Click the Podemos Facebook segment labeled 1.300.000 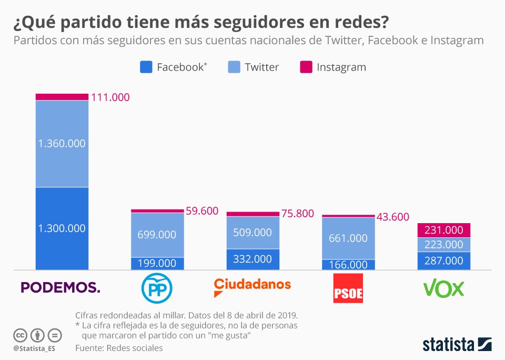tap(62, 228)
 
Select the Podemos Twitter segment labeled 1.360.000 tap(62, 143)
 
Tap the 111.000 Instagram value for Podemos tap(110, 97)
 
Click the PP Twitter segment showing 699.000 tap(157, 235)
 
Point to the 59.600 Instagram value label tap(202, 211)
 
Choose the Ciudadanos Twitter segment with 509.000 tap(252, 232)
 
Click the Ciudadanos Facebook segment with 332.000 tap(252, 259)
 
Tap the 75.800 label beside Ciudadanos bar tap(298, 214)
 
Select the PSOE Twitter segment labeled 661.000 tap(348, 238)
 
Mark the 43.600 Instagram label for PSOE tap(393, 216)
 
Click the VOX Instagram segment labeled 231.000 tap(443, 230)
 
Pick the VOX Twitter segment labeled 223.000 tap(443, 245)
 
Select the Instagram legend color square tap(306, 67)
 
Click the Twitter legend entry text tap(261, 67)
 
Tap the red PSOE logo tap(348, 288)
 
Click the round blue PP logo tap(157, 288)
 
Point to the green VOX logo tap(443, 288)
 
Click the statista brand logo tap(457, 344)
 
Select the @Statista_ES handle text tap(34, 348)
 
